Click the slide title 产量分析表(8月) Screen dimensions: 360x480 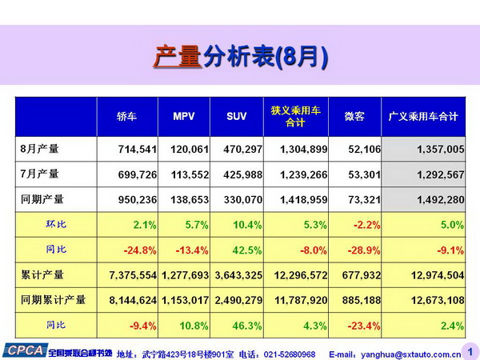tap(240, 58)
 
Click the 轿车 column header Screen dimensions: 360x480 tap(127, 117)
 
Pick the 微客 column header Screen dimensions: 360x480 tap(354, 117)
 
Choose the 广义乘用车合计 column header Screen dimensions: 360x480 tap(422, 117)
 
